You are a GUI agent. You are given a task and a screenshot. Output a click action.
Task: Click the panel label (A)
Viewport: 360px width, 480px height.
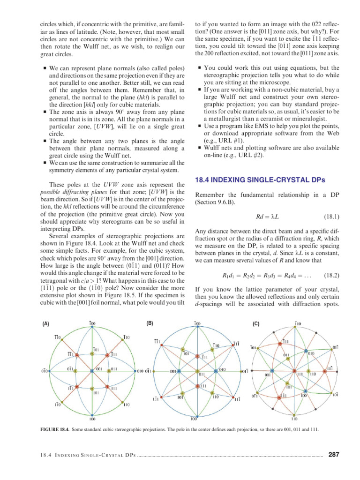(x=46, y=323)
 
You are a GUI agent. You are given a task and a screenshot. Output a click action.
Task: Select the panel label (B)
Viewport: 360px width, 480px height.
(x=150, y=323)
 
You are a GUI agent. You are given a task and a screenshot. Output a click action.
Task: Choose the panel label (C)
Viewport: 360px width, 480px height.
(x=255, y=323)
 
